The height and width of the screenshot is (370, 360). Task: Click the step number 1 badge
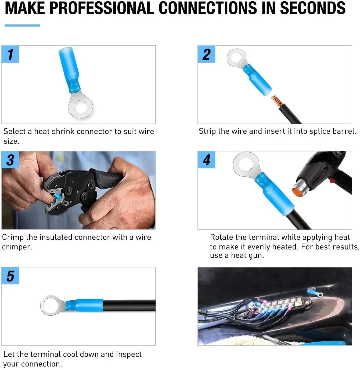point(10,54)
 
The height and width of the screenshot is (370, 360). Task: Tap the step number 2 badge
point(206,54)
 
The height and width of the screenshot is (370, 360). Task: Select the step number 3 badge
point(10,160)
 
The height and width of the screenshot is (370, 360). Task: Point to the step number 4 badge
point(206,160)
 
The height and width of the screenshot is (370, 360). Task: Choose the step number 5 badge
point(10,276)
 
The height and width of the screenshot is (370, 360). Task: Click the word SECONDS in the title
point(312,8)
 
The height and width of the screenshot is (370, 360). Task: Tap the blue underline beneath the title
point(22,26)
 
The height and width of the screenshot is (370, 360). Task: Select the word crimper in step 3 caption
point(17,247)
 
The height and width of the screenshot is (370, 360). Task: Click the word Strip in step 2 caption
point(207,131)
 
